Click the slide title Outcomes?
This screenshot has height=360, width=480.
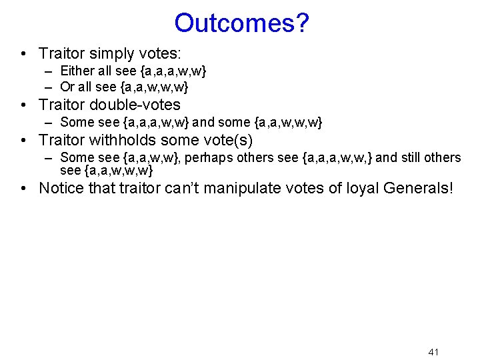(x=241, y=23)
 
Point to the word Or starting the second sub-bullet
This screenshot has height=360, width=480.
(x=67, y=87)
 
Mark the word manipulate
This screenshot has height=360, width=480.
(x=241, y=188)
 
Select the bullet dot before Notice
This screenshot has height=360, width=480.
(x=24, y=189)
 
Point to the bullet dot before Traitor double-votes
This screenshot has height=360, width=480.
(x=24, y=105)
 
